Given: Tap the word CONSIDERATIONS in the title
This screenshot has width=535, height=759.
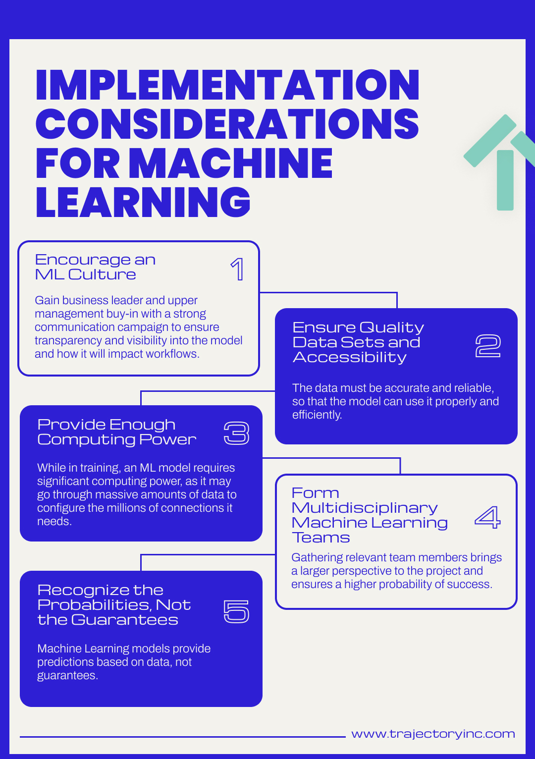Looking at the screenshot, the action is click(x=227, y=124).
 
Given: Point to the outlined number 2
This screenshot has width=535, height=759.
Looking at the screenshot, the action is click(x=488, y=346).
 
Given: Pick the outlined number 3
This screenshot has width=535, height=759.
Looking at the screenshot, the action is click(x=236, y=433).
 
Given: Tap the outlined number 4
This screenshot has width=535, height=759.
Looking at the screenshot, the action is click(x=487, y=517).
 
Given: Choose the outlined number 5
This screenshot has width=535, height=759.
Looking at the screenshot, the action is click(x=236, y=611).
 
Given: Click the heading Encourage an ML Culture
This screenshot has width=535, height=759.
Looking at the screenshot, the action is click(x=95, y=267).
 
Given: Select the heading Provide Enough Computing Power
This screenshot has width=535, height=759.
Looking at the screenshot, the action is click(x=116, y=432).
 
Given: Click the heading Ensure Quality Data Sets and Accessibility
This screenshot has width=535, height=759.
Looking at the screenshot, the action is click(x=358, y=342).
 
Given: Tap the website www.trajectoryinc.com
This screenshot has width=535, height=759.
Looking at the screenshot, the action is click(x=433, y=734).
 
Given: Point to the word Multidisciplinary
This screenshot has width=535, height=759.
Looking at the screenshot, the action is click(x=365, y=508).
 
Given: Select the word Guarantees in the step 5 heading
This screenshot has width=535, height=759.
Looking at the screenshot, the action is click(x=124, y=620).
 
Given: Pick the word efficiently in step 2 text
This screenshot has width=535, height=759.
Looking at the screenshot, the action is click(x=317, y=415).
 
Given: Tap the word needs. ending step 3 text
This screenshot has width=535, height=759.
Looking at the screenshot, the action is click(x=54, y=521).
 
